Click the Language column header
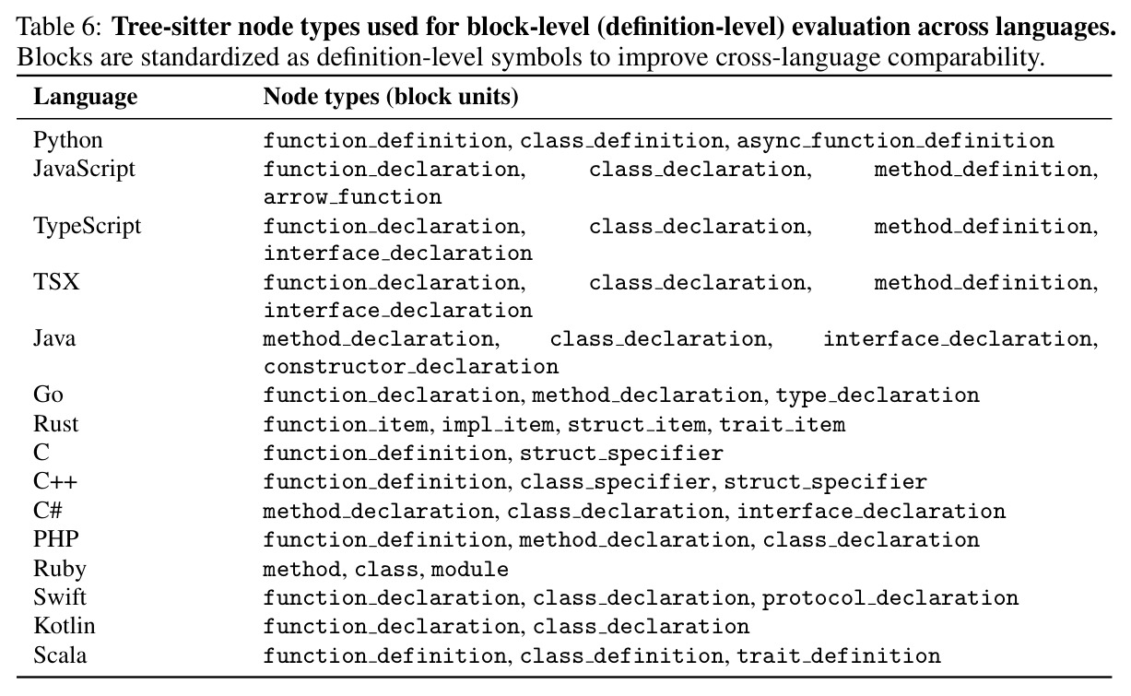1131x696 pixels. click(x=86, y=97)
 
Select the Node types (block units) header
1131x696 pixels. click(x=391, y=97)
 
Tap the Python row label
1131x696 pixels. click(x=67, y=140)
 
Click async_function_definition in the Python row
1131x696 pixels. click(x=895, y=140)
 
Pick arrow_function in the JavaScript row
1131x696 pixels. click(x=352, y=197)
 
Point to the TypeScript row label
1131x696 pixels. click(x=88, y=226)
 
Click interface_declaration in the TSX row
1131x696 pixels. click(x=398, y=310)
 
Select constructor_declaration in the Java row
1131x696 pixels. click(x=411, y=367)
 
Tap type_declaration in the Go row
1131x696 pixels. click(x=878, y=395)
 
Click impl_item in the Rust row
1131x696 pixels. click(x=499, y=424)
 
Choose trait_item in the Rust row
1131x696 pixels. click(x=782, y=424)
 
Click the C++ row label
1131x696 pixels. click(x=55, y=481)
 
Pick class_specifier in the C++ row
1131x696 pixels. click(x=615, y=482)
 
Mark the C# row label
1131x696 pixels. click(x=47, y=510)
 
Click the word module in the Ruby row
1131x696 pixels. click(x=469, y=569)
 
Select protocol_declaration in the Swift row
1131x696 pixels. click(x=890, y=598)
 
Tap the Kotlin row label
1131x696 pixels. click(x=65, y=626)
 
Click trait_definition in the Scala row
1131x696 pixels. click(x=839, y=655)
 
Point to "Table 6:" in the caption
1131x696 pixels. click(x=60, y=26)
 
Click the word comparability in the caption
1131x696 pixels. click(x=966, y=57)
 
